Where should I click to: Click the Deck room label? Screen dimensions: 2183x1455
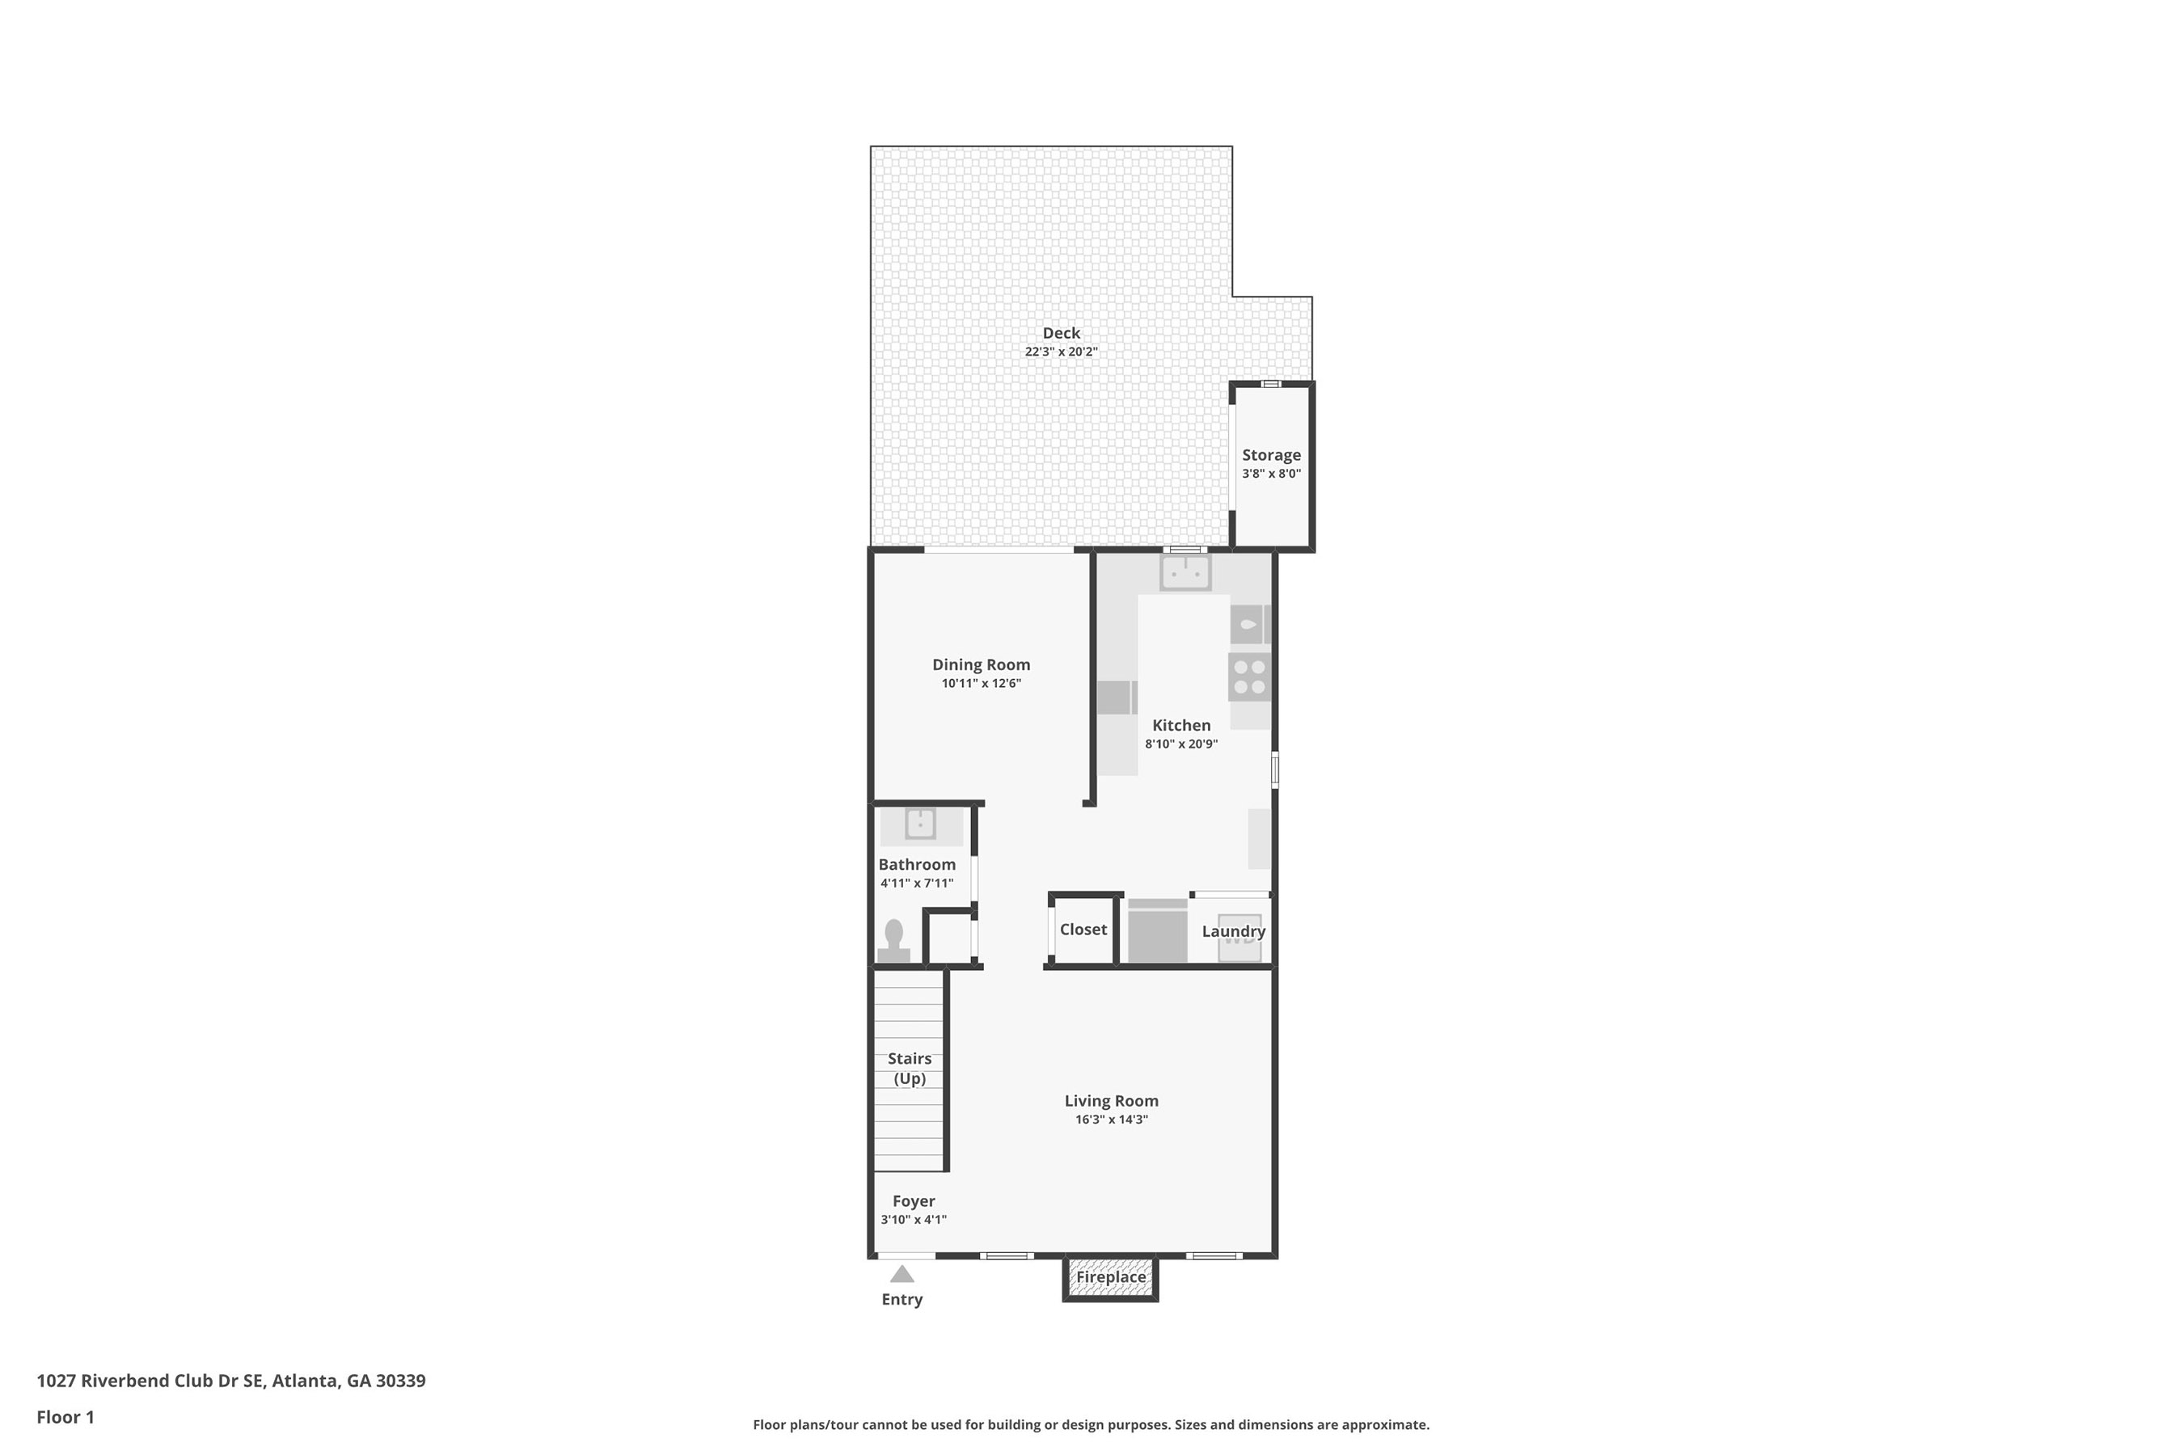(x=1061, y=333)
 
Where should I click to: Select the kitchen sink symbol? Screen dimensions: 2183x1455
(x=1185, y=571)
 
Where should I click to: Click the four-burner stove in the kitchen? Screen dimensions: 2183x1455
(x=1249, y=677)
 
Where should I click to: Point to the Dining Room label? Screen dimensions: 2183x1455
(x=981, y=664)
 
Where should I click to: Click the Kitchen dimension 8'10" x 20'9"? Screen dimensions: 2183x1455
(x=1181, y=744)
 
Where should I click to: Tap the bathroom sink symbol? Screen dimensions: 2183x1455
(x=920, y=823)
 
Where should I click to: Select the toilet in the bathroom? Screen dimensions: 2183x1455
(x=893, y=941)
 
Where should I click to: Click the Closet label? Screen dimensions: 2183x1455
(x=1083, y=930)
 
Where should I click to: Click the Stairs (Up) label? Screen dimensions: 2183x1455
(x=910, y=1068)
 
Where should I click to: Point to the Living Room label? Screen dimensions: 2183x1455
(x=1111, y=1100)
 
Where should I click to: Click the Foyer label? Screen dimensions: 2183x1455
(x=914, y=1200)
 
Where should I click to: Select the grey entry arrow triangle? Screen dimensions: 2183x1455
(x=902, y=1274)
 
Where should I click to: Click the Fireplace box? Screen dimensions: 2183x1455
(x=1110, y=1279)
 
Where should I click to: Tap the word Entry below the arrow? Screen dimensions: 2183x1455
(x=902, y=1300)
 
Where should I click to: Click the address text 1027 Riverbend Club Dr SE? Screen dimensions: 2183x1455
(x=150, y=1380)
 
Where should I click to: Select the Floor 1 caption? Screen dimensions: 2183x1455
(x=65, y=1417)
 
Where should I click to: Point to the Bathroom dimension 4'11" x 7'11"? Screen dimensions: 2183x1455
(x=917, y=884)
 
